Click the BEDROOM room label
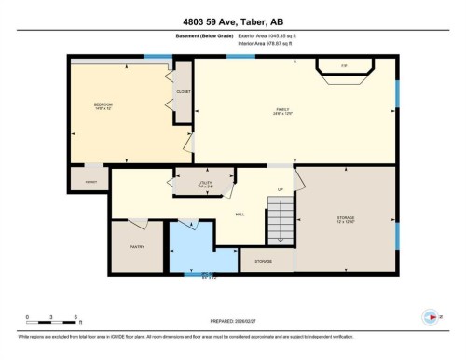coord(103,105)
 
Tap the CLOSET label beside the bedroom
coord(184,91)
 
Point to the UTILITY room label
coord(206,185)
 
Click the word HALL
coord(239,214)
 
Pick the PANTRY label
coord(137,247)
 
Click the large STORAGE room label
coord(346,220)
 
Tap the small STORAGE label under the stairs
coord(264,261)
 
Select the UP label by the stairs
coord(281,190)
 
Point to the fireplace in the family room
coord(344,67)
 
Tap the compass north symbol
coord(430,316)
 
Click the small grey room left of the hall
coord(89,178)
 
